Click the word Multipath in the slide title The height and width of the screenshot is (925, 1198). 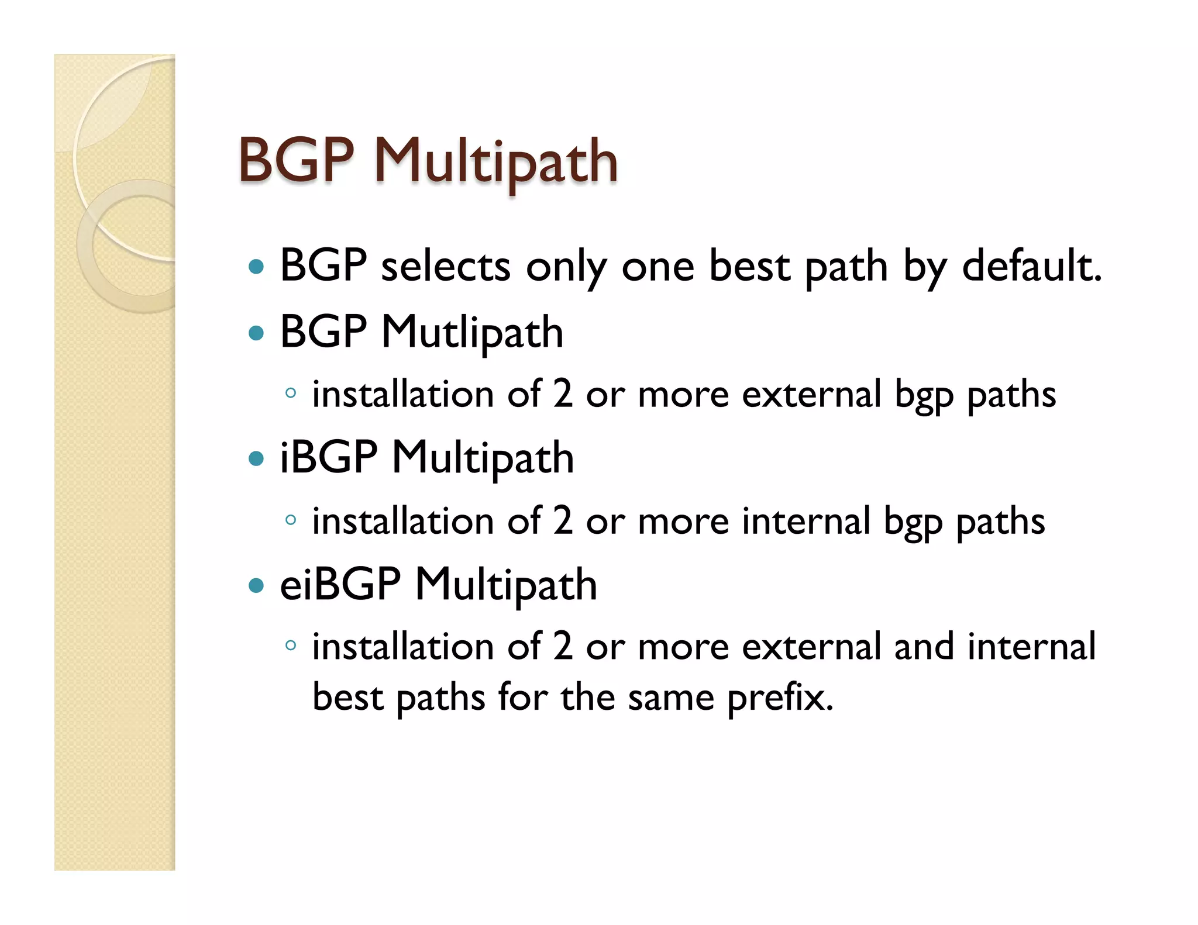pyautogui.click(x=495, y=161)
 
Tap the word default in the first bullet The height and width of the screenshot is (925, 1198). pyautogui.click(x=1031, y=266)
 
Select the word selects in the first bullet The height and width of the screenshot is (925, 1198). pyautogui.click(x=446, y=266)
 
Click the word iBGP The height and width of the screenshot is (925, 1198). pyautogui.click(x=329, y=457)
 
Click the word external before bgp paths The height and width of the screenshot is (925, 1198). pyautogui.click(x=811, y=394)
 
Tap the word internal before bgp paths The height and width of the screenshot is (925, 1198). pyautogui.click(x=806, y=520)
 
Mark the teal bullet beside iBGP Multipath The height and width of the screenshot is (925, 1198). pyautogui.click(x=256, y=458)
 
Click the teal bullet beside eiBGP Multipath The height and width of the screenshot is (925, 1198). pyautogui.click(x=256, y=585)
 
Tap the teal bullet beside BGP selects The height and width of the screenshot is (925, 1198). pyautogui.click(x=256, y=267)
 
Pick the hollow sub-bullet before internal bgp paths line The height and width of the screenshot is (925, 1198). pyautogui.click(x=290, y=519)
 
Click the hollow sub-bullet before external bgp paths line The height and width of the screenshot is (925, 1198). pyautogui.click(x=290, y=393)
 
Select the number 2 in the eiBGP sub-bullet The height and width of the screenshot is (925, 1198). pyautogui.click(x=562, y=647)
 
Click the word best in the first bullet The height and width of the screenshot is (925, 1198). pyautogui.click(x=749, y=266)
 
